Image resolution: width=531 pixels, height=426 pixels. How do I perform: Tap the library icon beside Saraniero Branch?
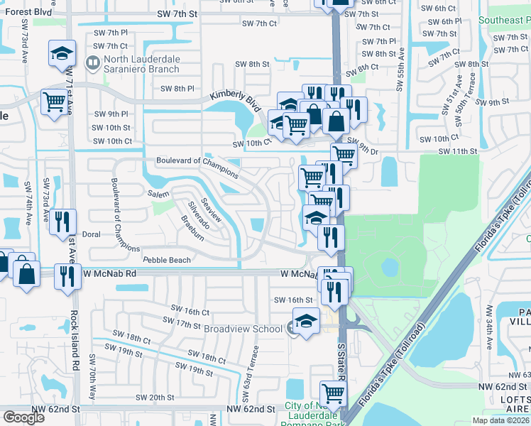(92, 63)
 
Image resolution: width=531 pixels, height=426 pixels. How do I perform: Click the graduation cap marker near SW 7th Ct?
(62, 53)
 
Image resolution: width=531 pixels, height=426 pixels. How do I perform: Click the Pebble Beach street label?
(167, 260)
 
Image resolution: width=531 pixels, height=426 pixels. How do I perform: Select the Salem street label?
(158, 194)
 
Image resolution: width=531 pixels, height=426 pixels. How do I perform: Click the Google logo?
(24, 417)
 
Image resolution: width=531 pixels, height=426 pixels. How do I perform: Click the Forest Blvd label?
(26, 12)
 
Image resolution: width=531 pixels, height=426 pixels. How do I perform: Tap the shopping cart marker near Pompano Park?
(332, 393)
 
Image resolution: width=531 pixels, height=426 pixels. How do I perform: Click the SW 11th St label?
(457, 151)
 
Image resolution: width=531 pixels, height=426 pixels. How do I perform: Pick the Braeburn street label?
(192, 228)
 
